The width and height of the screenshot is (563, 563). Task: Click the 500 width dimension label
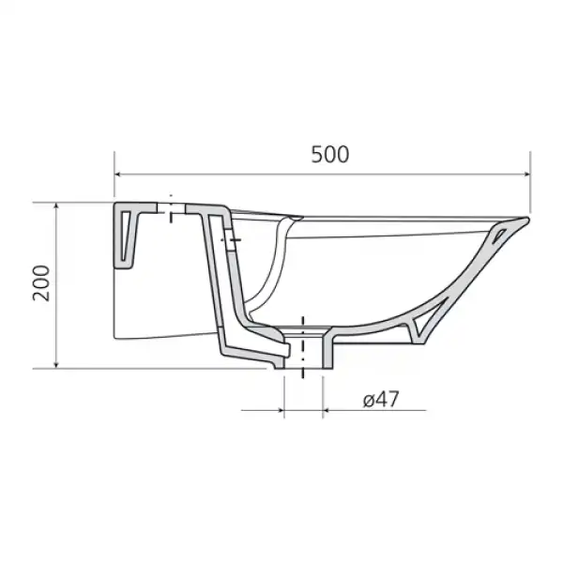click(329, 155)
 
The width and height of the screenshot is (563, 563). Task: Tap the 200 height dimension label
click(40, 281)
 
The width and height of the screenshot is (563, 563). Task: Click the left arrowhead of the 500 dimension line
click(119, 175)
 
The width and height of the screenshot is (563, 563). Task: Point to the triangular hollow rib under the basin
click(421, 325)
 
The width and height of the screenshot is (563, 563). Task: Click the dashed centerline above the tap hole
click(172, 199)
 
